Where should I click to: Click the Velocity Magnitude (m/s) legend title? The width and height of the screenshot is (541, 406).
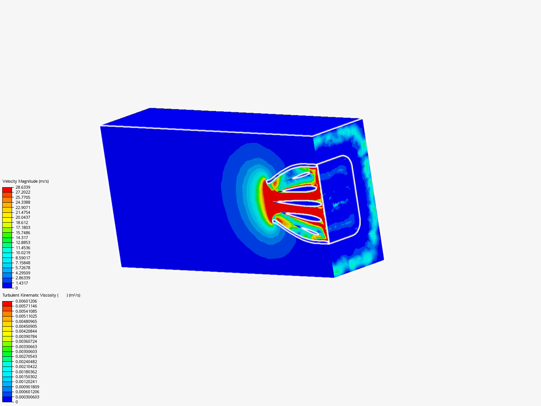pos(26,181)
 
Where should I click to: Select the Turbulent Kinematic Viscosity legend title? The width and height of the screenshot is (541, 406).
pos(41,295)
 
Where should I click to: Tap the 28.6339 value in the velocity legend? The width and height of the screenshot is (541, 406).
pos(23,187)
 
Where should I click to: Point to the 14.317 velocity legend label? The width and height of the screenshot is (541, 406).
pos(22,238)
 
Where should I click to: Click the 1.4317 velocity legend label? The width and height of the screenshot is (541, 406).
pos(22,283)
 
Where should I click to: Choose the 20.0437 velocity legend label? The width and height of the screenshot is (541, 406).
pos(23,217)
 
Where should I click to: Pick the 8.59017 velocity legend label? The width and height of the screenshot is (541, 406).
pos(23,258)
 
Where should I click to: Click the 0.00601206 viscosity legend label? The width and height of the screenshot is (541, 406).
pos(26,301)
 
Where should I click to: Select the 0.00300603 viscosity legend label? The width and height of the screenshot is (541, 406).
pos(26,351)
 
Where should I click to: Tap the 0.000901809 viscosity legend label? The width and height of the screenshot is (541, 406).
pos(27,387)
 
